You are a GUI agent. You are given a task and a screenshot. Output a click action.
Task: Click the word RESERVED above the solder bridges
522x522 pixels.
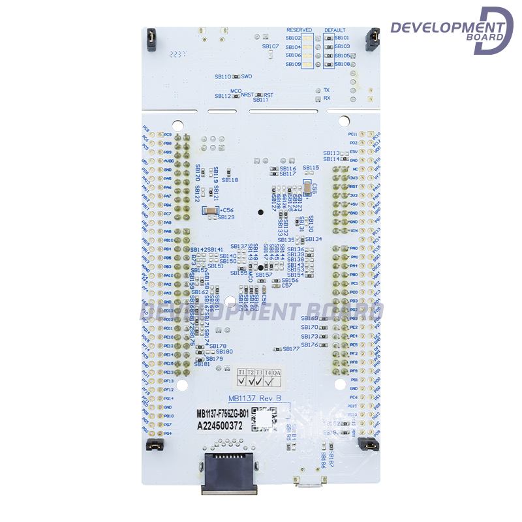coord(299,30)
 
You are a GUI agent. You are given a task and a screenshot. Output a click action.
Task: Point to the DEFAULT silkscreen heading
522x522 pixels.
coord(335,30)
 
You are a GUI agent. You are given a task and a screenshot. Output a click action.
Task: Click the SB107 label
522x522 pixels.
coord(271,46)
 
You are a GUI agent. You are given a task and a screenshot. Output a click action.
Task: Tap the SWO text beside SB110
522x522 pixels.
coord(247,76)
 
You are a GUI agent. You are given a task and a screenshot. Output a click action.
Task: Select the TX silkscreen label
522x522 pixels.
coord(327,89)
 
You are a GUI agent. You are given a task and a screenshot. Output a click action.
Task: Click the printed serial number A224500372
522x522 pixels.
coord(220,425)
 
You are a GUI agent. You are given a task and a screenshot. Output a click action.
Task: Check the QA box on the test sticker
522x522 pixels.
coord(277,380)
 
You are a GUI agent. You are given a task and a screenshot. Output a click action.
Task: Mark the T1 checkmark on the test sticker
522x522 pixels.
coord(241,380)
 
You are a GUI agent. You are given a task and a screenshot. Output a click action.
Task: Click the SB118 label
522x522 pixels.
coord(230,180)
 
